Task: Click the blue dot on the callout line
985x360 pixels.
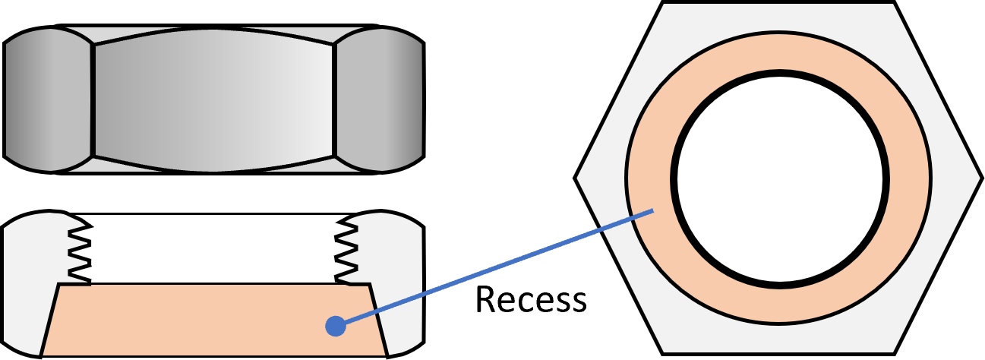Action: click(336, 326)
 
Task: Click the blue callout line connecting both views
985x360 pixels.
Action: click(494, 268)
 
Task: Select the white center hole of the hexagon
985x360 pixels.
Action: click(780, 179)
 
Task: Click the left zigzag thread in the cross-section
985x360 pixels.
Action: click(80, 251)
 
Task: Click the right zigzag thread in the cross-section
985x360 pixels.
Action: click(346, 251)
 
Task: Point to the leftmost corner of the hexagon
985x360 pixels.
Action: click(579, 179)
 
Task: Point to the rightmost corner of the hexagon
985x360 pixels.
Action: click(978, 179)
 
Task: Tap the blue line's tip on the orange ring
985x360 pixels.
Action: click(652, 210)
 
